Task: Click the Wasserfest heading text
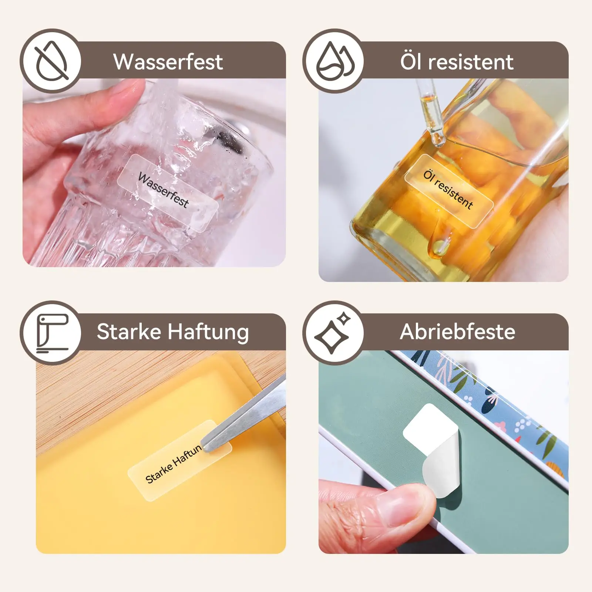(x=168, y=62)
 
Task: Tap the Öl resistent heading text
(x=457, y=62)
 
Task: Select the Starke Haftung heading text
(x=172, y=332)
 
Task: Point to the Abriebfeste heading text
(x=457, y=332)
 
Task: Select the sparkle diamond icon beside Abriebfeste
(x=333, y=333)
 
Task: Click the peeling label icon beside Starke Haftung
(x=51, y=333)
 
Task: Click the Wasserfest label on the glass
(x=167, y=192)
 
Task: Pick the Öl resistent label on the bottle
(x=448, y=190)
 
